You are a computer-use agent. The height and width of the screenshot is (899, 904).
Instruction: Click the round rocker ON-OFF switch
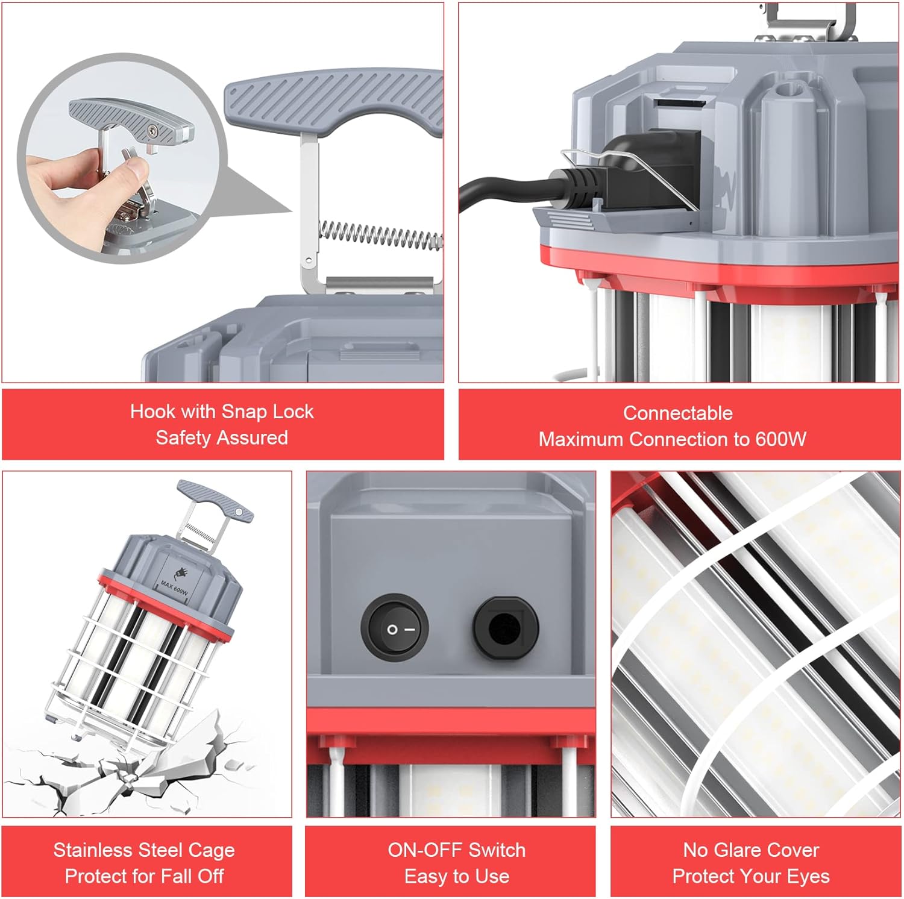(x=395, y=628)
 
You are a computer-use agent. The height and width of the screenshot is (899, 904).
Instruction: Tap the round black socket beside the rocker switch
(x=505, y=629)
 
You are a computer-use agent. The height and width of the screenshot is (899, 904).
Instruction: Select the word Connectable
(x=678, y=413)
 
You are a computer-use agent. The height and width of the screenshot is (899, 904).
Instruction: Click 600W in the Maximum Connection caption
(x=781, y=439)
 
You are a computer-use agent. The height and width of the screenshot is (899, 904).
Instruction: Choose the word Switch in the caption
(x=497, y=850)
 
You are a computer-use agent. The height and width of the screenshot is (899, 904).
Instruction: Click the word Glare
(x=741, y=850)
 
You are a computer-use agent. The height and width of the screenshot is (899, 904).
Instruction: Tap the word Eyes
(x=811, y=876)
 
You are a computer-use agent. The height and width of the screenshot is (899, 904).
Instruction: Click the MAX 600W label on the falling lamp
(x=174, y=587)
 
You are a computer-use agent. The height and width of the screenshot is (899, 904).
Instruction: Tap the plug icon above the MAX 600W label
(x=180, y=573)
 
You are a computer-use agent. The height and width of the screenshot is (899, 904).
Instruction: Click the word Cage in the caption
(x=212, y=850)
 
